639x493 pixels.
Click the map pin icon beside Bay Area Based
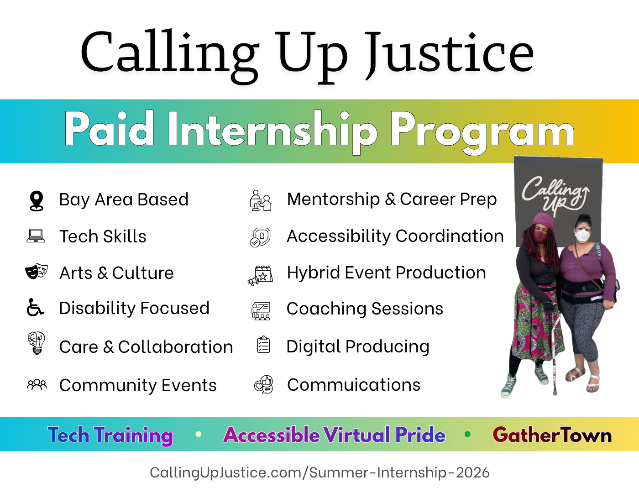[x=37, y=201]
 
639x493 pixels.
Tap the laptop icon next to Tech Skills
[x=36, y=236]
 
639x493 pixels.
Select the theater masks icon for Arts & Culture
[x=37, y=271]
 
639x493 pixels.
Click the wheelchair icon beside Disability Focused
[x=35, y=308]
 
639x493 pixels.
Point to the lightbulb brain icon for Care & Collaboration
[x=37, y=343]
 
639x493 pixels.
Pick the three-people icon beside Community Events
[x=37, y=384]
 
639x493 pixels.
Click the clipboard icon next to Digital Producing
[x=263, y=344]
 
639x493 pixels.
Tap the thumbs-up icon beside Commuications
[x=263, y=384]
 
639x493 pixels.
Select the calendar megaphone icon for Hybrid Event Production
[x=261, y=275]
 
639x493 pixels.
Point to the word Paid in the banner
[x=109, y=128]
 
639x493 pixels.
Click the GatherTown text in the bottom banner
[x=552, y=435]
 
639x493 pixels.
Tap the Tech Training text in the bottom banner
[x=110, y=435]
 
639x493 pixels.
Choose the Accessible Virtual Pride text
[x=334, y=435]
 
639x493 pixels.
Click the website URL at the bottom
[x=319, y=473]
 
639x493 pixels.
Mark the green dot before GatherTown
[x=467, y=434]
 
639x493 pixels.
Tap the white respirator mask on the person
[x=582, y=236]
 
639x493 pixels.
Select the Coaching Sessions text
[x=365, y=309]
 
